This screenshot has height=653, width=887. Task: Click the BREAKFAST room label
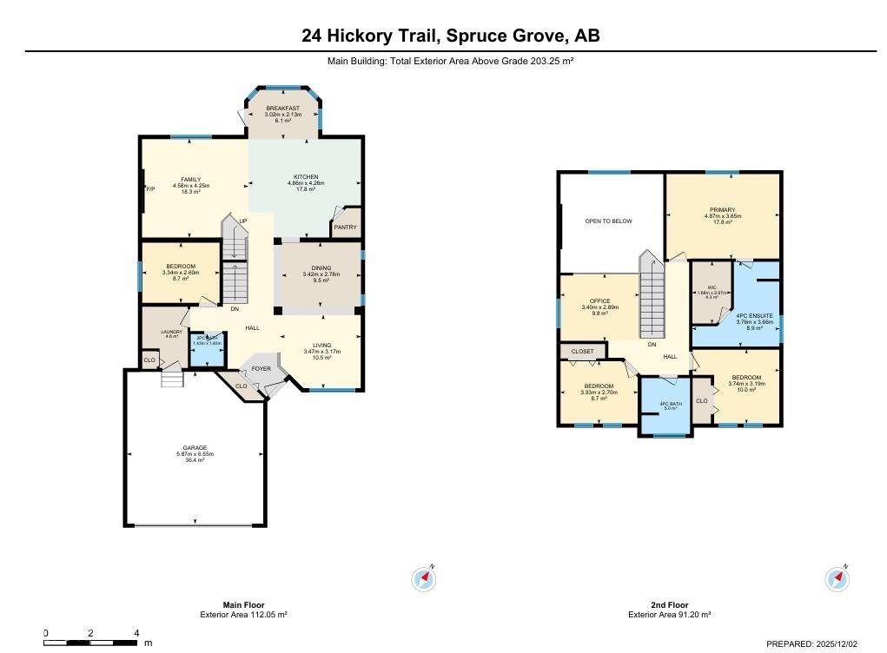[283, 109]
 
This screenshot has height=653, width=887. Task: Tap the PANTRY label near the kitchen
[345, 228]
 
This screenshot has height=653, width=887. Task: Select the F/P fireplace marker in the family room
[150, 189]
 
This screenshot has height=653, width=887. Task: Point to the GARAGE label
[194, 448]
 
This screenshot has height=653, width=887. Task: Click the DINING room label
[321, 268]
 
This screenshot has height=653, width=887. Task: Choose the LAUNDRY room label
[170, 331]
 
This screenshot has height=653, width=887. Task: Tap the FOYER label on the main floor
[261, 369]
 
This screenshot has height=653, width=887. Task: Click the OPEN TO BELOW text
[608, 221]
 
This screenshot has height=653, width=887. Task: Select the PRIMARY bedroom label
[722, 210]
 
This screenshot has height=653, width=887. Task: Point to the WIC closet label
[712, 287]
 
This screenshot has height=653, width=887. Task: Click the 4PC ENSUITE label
[754, 315]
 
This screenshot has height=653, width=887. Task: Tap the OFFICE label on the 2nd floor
[599, 301]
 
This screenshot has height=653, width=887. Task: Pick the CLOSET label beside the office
[583, 352]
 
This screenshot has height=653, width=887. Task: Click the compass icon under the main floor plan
[423, 579]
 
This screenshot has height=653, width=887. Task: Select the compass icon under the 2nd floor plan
[837, 579]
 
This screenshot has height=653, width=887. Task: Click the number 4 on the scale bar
[136, 633]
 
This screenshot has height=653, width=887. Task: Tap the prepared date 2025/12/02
[835, 643]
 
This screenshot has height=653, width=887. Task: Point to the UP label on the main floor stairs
[243, 221]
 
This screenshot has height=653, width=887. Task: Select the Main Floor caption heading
[243, 605]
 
